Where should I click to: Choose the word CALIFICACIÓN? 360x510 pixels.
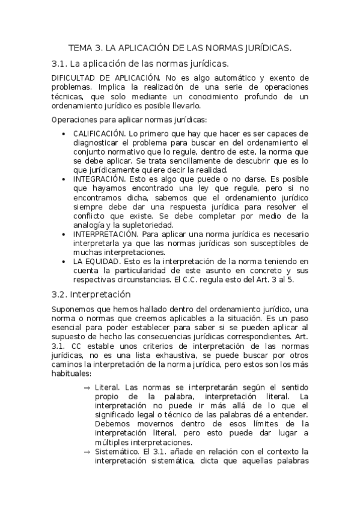pyautogui.click(x=99, y=134)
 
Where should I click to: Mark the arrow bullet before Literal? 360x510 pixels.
pyautogui.click(x=88, y=388)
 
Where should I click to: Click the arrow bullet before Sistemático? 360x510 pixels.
pyautogui.click(x=88, y=452)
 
